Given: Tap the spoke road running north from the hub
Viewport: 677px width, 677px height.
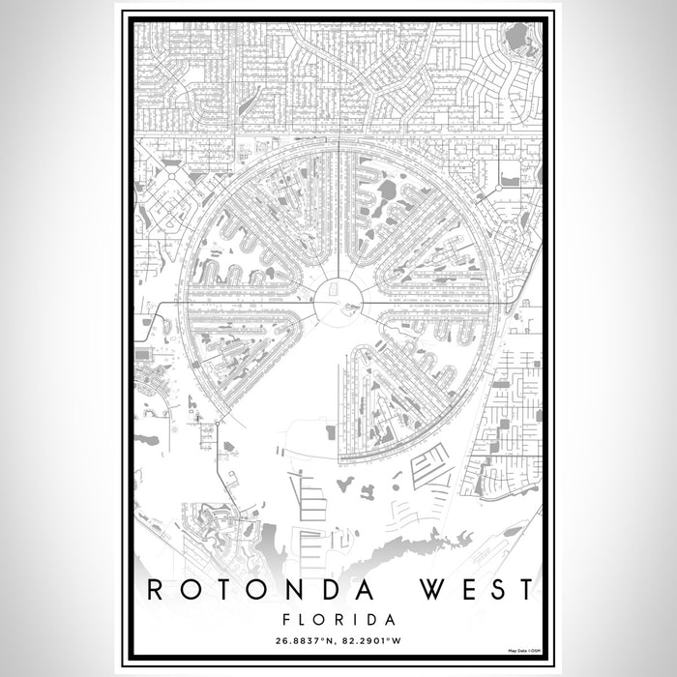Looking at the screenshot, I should click(338, 213).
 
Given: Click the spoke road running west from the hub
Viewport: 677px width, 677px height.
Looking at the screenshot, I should click(251, 302).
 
